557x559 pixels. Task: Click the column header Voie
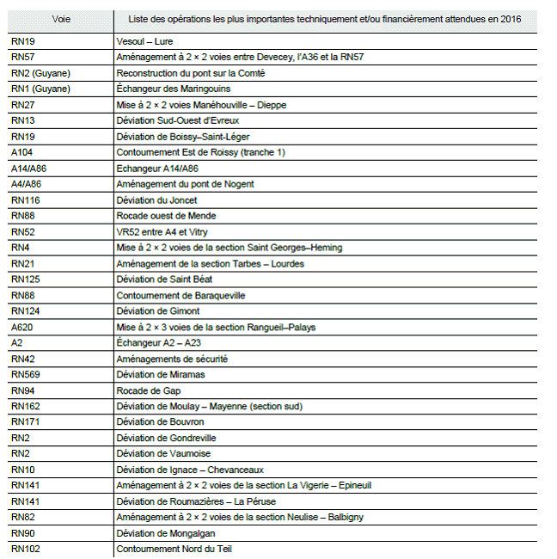pos(61,19)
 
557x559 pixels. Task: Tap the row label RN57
pos(23,57)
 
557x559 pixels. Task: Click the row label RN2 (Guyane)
pos(40,73)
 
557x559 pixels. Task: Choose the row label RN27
pos(23,105)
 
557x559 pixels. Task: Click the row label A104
pos(22,152)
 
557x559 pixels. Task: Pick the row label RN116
pos(26,200)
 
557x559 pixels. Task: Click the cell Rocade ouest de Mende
pos(166,216)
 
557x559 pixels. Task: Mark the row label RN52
pos(23,232)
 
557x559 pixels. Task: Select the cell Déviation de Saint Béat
pos(164,279)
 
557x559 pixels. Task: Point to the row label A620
pos(22,328)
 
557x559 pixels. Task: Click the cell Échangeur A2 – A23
pos(160,343)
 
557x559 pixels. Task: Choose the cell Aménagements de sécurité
pos(172,359)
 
